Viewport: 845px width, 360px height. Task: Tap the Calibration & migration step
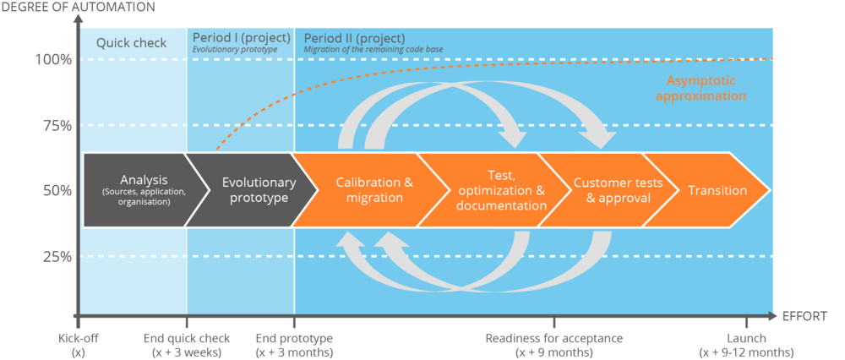(369, 190)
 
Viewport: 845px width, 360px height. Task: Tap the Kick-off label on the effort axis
(79, 345)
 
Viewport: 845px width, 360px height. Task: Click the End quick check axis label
(186, 345)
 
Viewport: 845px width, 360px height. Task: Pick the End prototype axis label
(293, 345)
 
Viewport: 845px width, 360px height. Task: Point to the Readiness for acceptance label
(554, 345)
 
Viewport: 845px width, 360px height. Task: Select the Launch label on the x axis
(746, 345)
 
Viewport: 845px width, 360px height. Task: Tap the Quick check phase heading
(131, 43)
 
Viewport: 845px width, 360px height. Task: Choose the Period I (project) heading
(241, 38)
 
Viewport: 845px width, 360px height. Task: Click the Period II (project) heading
(354, 38)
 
